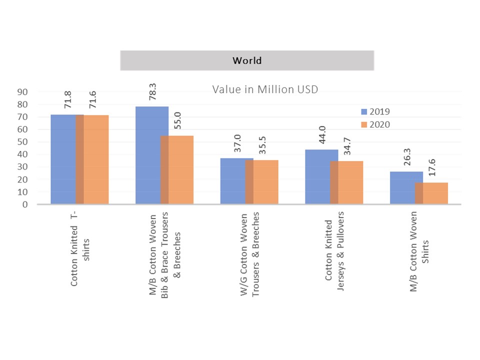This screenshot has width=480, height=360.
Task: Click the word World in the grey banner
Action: [247, 61]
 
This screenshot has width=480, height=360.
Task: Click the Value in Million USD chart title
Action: [265, 89]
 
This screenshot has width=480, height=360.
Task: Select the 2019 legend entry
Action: [378, 111]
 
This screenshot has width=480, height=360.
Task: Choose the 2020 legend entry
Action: [378, 123]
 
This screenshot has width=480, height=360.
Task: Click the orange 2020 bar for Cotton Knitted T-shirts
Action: [96, 159]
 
